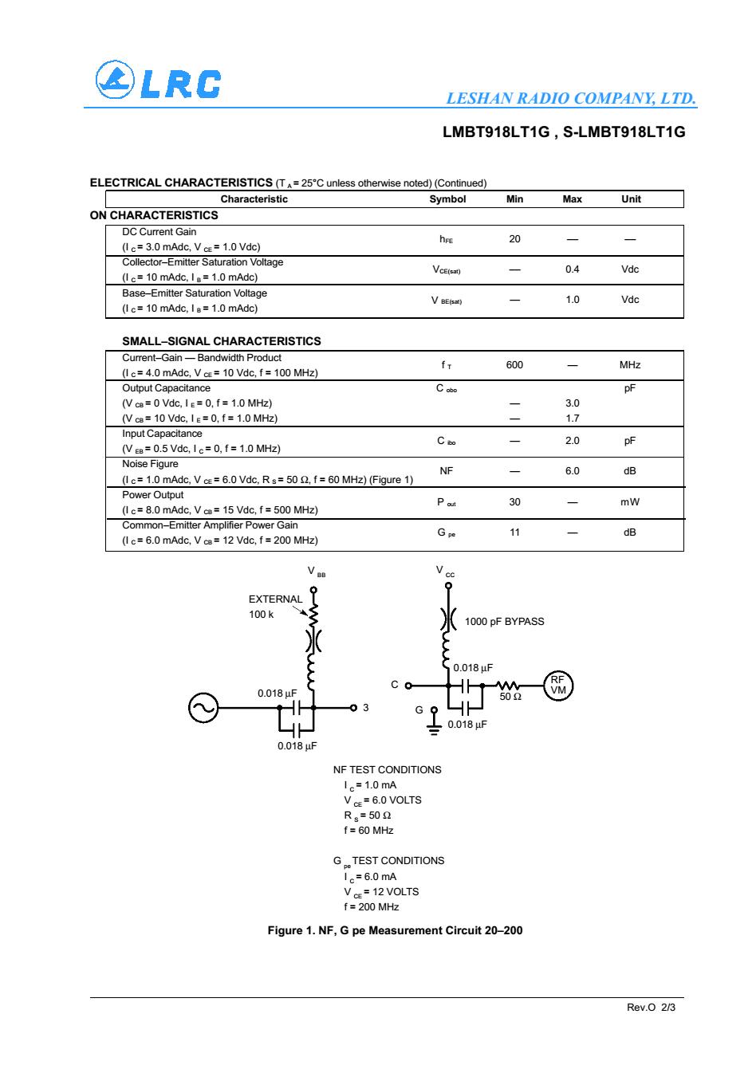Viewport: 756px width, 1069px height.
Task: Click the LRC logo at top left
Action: [157, 81]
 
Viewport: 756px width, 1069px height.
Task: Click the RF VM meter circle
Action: [557, 685]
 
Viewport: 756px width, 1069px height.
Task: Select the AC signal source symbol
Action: [203, 707]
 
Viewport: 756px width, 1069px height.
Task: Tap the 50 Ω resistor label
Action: [510, 697]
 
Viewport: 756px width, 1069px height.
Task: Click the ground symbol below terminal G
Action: [435, 729]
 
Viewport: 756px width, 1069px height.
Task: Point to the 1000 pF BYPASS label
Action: [504, 621]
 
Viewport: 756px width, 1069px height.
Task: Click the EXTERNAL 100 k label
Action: [274, 606]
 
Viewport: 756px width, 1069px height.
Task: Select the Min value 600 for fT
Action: [514, 365]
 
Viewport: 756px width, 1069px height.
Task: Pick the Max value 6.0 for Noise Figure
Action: [572, 471]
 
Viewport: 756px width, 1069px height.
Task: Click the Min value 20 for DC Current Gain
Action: [514, 239]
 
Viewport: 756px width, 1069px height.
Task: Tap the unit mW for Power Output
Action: [630, 502]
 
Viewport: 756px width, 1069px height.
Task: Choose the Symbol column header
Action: [447, 199]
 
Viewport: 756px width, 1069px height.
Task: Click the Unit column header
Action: [630, 199]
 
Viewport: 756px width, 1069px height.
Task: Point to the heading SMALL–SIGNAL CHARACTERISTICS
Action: [221, 341]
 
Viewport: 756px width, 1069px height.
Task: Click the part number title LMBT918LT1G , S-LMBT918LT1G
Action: [564, 132]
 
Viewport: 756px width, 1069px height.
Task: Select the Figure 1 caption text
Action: [395, 930]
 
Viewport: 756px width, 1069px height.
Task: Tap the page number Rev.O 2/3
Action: [651, 1008]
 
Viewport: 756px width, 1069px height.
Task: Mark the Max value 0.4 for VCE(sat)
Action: [572, 269]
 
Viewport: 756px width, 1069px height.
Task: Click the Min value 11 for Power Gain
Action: [514, 532]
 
